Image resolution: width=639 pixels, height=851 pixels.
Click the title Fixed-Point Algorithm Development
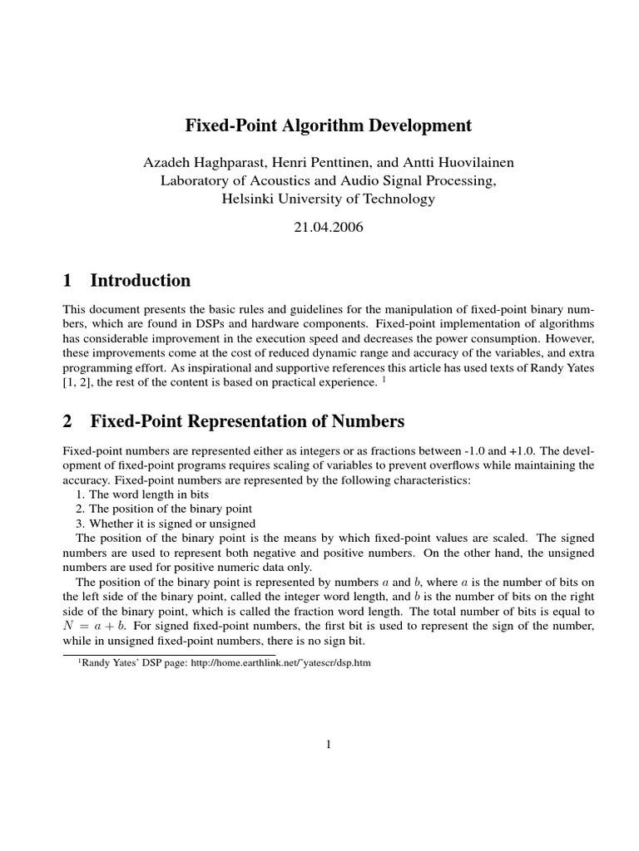click(x=327, y=125)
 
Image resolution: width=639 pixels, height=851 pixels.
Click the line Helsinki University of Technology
click(x=329, y=199)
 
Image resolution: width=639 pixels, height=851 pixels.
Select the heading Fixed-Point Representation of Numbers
click(x=247, y=421)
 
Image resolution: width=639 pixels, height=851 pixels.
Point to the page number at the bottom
click(x=329, y=745)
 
